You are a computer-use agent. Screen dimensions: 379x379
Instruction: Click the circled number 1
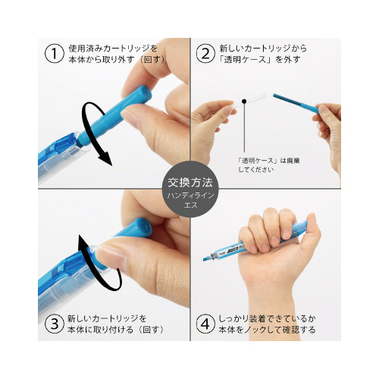(x=54, y=54)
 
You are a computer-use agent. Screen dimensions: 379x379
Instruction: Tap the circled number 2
(x=205, y=54)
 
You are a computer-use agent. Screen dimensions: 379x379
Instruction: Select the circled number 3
(x=54, y=324)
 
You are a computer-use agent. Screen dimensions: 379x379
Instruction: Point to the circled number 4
(x=205, y=324)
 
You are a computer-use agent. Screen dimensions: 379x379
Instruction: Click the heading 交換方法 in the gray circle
(x=190, y=183)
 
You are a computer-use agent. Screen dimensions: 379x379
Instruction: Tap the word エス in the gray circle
(x=190, y=205)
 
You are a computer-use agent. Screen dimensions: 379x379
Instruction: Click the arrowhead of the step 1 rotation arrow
(x=105, y=158)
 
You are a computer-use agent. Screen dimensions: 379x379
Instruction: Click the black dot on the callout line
(x=244, y=102)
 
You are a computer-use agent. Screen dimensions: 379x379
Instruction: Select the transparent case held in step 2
(x=249, y=101)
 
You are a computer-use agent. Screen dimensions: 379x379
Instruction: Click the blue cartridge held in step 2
(x=296, y=104)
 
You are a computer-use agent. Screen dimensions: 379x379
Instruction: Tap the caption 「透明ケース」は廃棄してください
(x=269, y=165)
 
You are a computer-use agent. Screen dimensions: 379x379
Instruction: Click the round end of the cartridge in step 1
(x=145, y=92)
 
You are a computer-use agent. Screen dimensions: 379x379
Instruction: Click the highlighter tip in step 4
(x=207, y=258)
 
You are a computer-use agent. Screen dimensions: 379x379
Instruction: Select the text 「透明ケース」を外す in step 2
(x=260, y=60)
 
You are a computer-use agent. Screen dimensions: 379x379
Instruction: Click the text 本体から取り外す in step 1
(x=102, y=60)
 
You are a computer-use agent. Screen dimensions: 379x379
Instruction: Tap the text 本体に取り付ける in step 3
(x=100, y=330)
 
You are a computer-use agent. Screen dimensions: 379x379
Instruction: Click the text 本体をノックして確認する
(x=268, y=330)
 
